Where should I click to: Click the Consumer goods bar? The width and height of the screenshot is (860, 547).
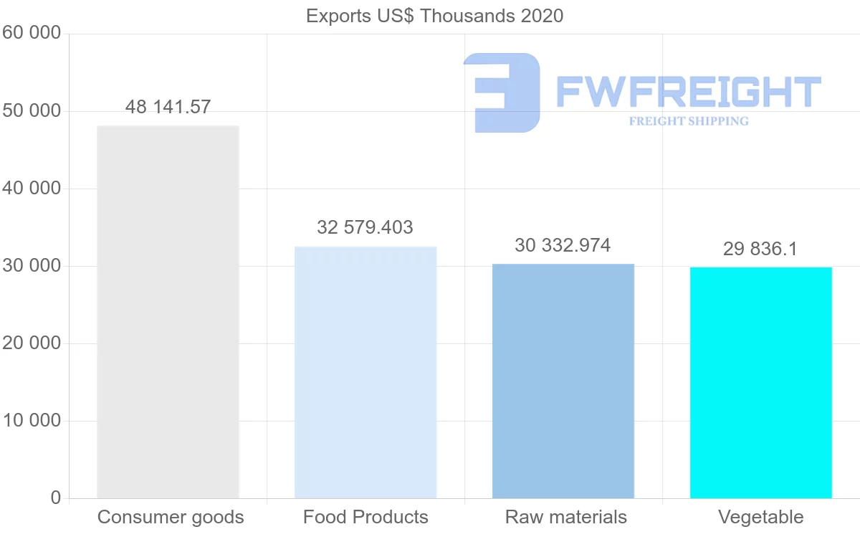168,312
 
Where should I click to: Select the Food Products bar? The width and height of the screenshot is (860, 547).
365,372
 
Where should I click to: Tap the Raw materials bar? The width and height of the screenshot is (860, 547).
563,381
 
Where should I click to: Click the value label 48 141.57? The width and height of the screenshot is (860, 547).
168,108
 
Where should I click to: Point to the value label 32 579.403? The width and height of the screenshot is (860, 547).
365,228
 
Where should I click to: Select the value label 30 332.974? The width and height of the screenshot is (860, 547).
563,246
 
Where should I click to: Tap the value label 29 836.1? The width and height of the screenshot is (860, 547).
760,249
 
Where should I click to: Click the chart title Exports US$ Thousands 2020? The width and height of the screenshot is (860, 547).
435,16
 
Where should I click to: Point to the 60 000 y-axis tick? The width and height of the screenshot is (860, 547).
30,34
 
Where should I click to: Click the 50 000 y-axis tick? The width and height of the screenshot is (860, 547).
30,111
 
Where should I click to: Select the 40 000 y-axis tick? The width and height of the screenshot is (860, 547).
30,189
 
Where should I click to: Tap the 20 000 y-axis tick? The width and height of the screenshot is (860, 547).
30,343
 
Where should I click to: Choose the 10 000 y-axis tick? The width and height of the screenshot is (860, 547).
30,421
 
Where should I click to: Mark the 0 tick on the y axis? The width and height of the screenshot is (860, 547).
55,498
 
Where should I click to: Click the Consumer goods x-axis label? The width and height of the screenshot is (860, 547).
171,518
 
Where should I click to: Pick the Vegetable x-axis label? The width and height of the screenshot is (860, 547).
761,518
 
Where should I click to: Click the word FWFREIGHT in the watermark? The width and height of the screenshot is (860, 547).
689,92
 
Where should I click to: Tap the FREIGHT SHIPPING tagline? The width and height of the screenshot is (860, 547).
689,121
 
